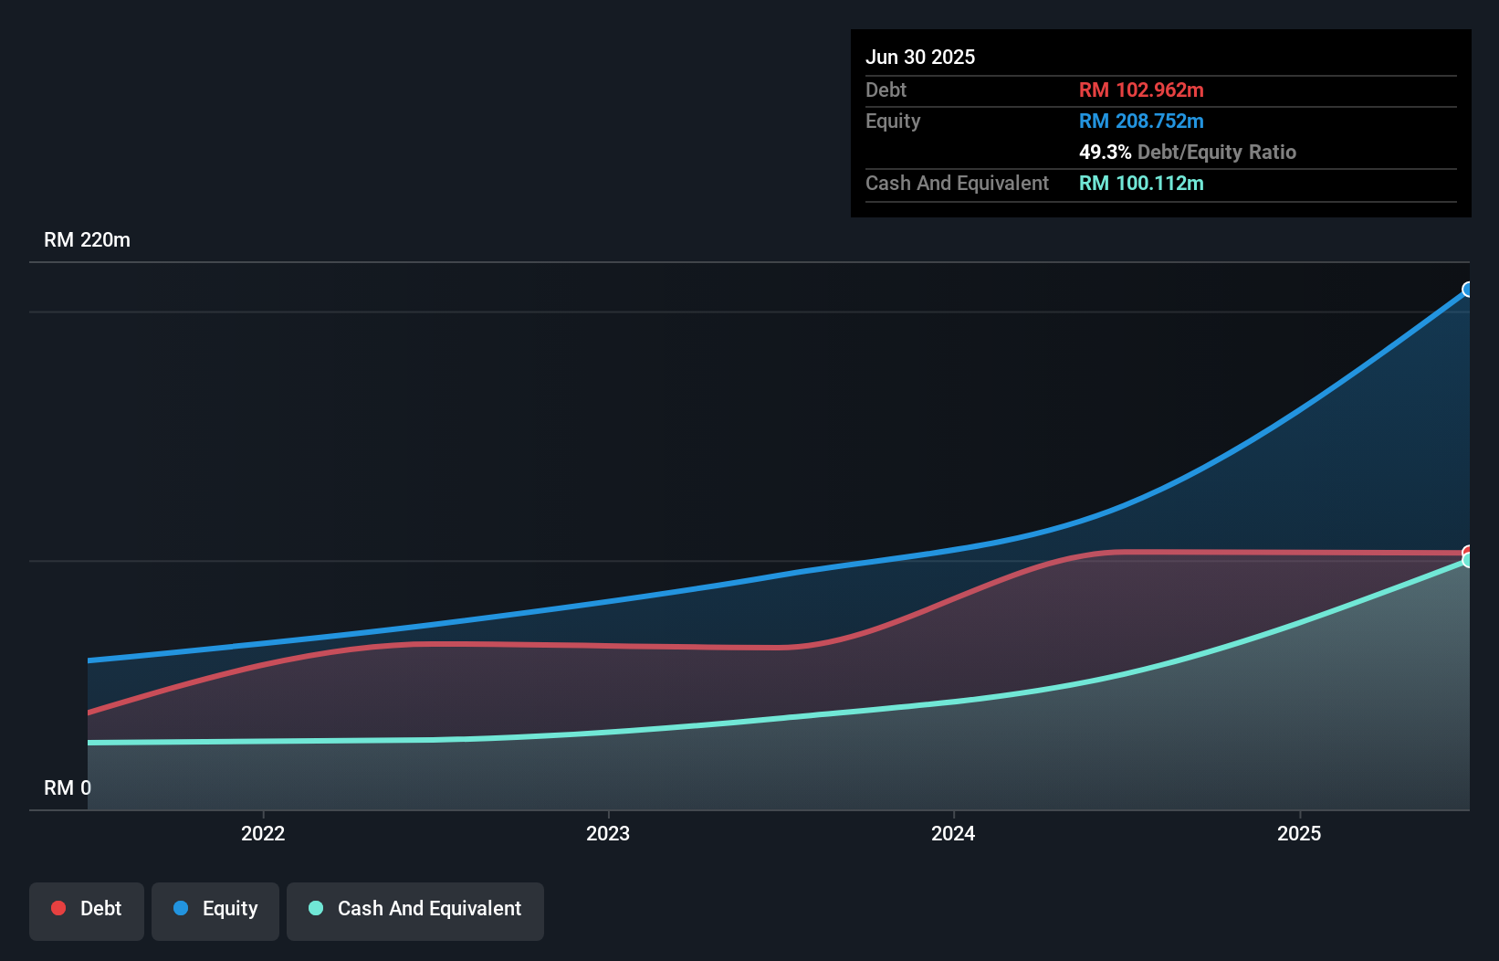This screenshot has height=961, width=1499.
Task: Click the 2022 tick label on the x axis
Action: point(263,833)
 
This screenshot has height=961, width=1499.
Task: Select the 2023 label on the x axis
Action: point(608,833)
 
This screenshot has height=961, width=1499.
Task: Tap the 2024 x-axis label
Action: point(953,833)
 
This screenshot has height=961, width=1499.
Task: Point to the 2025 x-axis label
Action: point(1299,833)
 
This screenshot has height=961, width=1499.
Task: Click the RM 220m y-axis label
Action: point(87,240)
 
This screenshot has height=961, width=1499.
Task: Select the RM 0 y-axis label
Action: point(68,787)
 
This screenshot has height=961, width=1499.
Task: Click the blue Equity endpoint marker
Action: point(1468,290)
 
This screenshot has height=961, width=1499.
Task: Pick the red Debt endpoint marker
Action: point(1468,552)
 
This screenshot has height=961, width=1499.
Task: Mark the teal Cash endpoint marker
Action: point(1468,561)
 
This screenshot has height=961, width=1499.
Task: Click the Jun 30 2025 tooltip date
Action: point(920,57)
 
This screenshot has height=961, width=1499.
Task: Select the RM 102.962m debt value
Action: point(1141,90)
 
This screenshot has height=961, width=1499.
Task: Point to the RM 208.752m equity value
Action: point(1141,121)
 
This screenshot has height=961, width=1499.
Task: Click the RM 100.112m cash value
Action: point(1141,183)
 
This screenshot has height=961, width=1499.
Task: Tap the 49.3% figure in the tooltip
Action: point(1105,152)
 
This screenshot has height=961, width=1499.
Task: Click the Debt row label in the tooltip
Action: point(886,90)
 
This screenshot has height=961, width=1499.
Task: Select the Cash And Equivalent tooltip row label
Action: point(957,183)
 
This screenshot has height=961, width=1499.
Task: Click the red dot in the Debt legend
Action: point(58,908)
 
